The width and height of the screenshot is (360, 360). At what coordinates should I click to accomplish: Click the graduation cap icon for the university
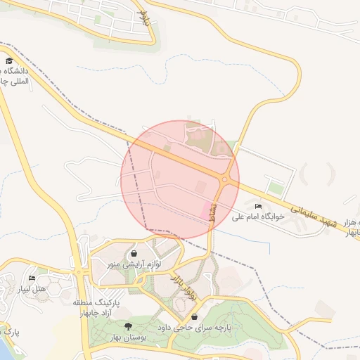[x=9, y=61]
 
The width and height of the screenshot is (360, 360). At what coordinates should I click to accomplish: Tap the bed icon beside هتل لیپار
[x=32, y=278]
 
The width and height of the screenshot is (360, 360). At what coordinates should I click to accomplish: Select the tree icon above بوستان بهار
[x=128, y=326]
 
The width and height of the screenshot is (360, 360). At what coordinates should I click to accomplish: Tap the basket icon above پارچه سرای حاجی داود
[x=194, y=317]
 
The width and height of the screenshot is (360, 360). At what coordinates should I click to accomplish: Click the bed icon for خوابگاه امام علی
[x=259, y=206]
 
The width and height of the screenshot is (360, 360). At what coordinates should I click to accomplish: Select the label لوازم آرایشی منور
[x=134, y=264]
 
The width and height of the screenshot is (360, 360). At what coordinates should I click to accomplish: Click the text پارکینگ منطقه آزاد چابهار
[x=96, y=307]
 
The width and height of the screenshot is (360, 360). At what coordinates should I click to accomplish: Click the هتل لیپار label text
[x=32, y=289]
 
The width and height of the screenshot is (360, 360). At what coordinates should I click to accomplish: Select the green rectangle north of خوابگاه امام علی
[x=276, y=188]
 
